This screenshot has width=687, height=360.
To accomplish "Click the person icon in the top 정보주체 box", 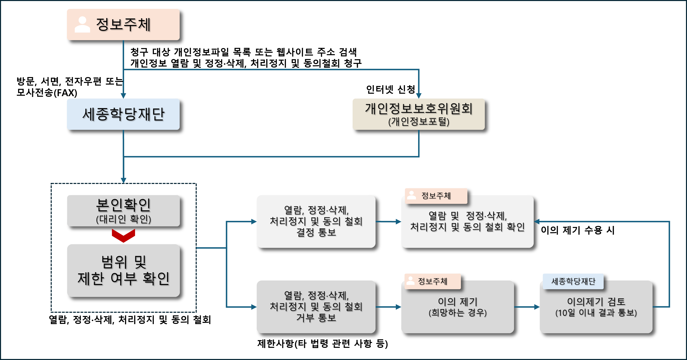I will (x=82, y=25).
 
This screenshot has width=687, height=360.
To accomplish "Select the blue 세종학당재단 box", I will (x=123, y=114).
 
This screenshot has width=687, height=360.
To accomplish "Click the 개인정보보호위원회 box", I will (x=419, y=114).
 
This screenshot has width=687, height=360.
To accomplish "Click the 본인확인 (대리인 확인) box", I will (x=123, y=211).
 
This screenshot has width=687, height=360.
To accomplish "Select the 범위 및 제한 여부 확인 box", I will (x=123, y=270).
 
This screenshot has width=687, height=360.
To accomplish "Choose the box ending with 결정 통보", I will (x=316, y=221).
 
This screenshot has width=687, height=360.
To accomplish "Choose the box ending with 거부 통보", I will (x=316, y=307).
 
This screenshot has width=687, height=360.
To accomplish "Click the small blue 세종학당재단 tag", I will (x=573, y=281).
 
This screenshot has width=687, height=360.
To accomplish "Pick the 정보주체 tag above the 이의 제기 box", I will (x=432, y=281).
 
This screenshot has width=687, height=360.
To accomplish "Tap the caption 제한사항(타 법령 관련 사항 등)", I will (x=322, y=343).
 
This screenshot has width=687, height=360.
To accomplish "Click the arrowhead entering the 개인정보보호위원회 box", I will (x=419, y=96).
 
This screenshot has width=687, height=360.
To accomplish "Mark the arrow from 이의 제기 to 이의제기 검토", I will (x=527, y=307).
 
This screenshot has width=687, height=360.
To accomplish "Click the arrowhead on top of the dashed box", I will (x=123, y=181).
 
